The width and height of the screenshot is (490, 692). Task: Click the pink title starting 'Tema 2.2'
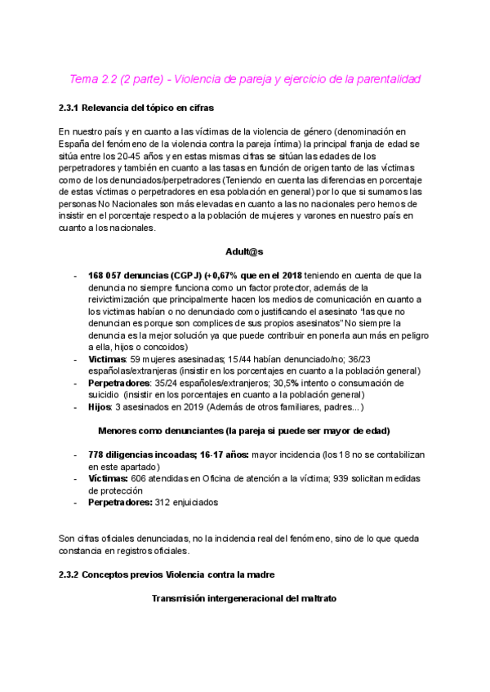point(245,79)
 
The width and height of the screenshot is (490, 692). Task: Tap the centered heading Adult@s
point(244,252)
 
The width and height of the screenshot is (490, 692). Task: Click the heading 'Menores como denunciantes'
point(243,430)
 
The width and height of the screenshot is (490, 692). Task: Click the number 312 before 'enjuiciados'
point(163,503)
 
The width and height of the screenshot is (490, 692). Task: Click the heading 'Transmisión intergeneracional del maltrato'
point(243,599)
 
